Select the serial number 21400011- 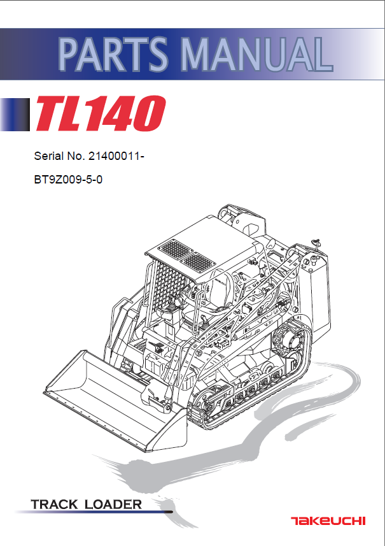[116, 156]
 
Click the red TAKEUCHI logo [328, 521]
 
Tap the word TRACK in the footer [55, 505]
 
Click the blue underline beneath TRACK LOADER [102, 512]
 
